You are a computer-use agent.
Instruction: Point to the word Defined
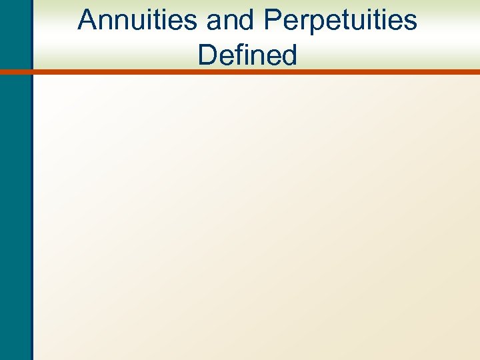pos(247,55)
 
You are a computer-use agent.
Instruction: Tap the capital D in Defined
pos(207,55)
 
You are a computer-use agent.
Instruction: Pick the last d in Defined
pos(289,55)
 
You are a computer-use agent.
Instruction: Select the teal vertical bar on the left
pos(15,200)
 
